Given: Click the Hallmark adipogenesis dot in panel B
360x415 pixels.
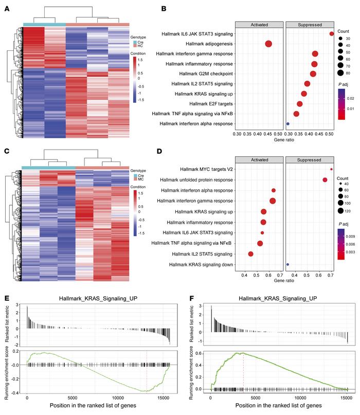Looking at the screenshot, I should tap(268, 44).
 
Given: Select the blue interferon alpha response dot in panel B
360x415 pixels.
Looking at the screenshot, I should tap(287, 124).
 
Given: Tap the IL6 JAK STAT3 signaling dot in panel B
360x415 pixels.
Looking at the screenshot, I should tap(332, 34).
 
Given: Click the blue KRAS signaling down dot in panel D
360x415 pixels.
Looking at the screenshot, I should tap(287, 264).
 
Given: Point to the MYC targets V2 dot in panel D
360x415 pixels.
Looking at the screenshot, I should tap(331, 169).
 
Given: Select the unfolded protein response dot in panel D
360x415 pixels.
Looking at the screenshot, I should tap(325, 179).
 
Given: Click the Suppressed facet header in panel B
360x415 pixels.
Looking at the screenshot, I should tap(310, 24).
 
